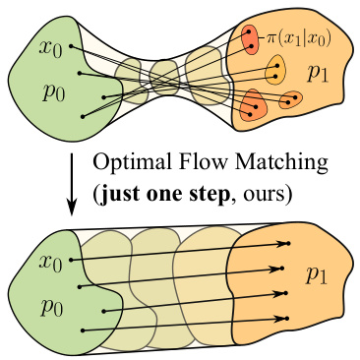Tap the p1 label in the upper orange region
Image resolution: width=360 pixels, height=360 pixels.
tap(318, 72)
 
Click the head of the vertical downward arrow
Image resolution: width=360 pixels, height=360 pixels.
tap(71, 209)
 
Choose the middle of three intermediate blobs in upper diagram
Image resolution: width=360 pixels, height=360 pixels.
tap(162, 74)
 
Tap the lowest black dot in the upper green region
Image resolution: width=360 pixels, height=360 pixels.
tap(83, 116)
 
